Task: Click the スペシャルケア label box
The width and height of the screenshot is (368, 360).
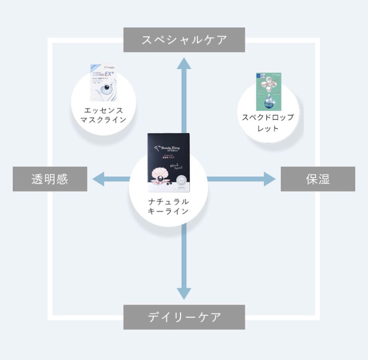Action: [184, 40]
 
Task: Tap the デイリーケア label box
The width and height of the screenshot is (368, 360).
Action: [184, 317]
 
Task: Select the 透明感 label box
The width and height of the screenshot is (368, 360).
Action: [50, 179]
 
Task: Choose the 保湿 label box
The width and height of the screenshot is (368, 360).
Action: [318, 179]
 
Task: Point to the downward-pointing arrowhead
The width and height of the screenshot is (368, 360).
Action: [184, 292]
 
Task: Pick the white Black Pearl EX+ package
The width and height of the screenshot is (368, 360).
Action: [103, 83]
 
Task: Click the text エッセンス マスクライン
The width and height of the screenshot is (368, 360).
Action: [103, 115]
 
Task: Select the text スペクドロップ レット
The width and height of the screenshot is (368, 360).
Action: [268, 123]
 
